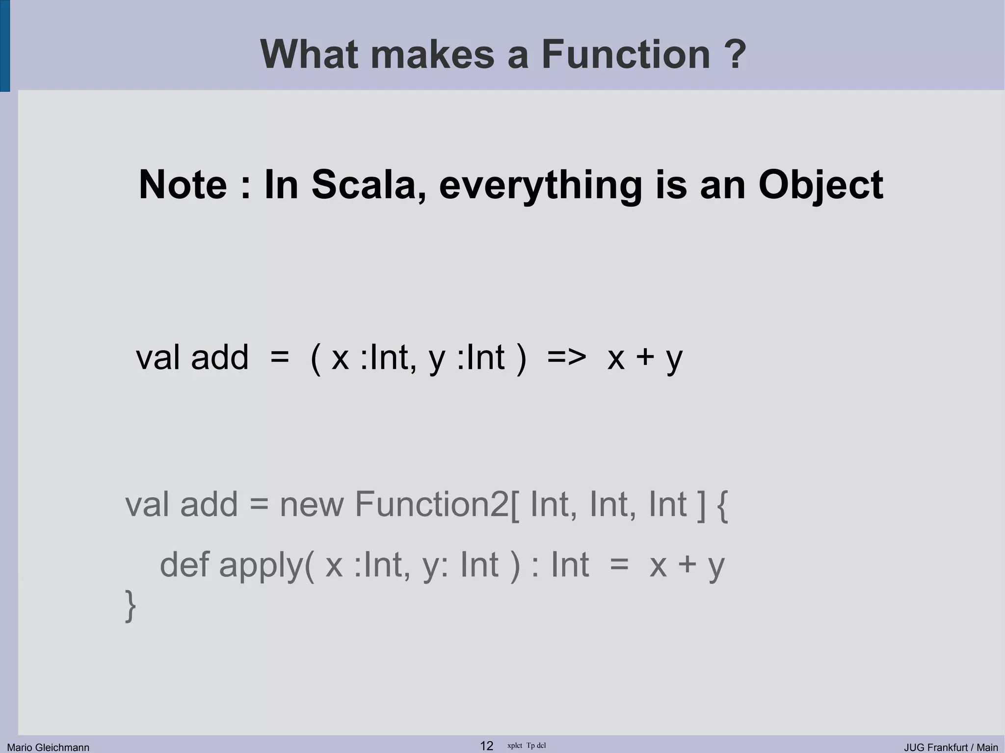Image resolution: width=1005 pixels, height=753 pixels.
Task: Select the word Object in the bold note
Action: [x=820, y=185]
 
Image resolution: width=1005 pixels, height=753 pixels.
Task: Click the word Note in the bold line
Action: [x=183, y=185]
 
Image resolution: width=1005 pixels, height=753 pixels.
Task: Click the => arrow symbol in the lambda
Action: [x=566, y=358]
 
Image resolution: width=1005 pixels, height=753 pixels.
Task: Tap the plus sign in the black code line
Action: [x=645, y=358]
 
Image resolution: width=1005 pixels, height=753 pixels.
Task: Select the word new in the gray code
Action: [x=312, y=504]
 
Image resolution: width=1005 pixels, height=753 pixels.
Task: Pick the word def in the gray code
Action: [x=185, y=565]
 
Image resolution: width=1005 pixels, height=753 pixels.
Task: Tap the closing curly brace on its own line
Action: [x=130, y=606]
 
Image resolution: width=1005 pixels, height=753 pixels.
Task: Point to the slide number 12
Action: [x=486, y=746]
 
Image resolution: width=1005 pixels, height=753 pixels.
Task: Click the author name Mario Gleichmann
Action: [x=48, y=747]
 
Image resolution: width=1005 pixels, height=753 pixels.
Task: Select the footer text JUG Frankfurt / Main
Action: [x=951, y=747]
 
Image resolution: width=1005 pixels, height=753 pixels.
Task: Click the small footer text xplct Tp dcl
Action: [x=526, y=746]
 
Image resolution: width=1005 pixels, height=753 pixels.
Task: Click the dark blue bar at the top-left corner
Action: [x=4, y=46]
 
